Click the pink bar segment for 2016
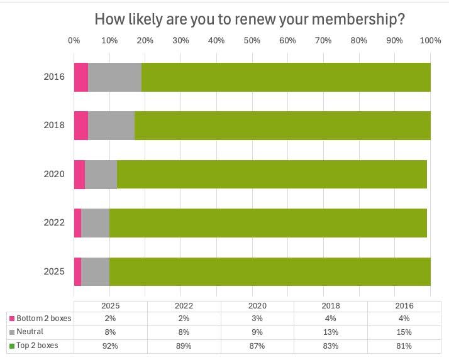coord(80,77)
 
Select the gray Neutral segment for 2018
coord(111,126)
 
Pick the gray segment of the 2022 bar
coord(96,223)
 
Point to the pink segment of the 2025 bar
coord(77,271)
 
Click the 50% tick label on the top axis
coord(252,41)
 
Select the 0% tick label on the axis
coord(74,41)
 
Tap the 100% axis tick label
coord(430,41)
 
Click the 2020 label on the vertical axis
coord(54,174)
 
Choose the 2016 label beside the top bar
coord(54,77)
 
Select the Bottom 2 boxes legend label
coord(43,319)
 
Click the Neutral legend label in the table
coord(30,332)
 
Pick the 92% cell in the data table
coord(110,346)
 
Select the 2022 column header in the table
coord(181,305)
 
